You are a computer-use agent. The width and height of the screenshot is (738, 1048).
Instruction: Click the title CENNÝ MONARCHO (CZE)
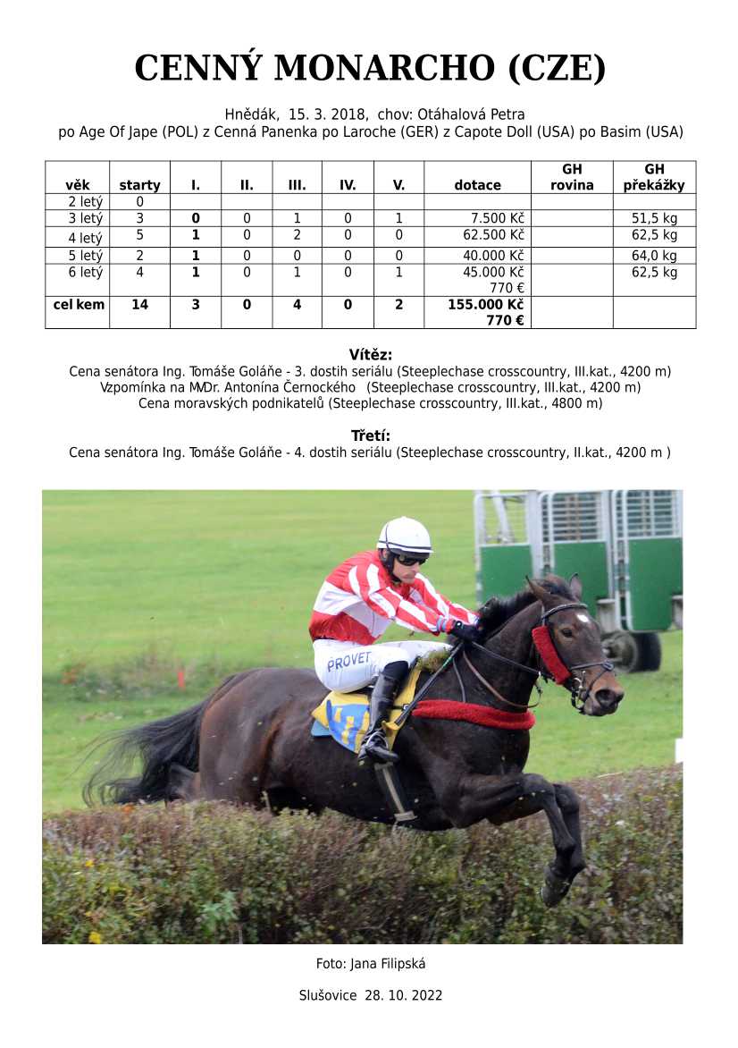click(369, 68)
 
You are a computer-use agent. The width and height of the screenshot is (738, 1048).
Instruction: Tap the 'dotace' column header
click(477, 185)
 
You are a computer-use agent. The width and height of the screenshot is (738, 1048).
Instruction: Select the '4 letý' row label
click(86, 238)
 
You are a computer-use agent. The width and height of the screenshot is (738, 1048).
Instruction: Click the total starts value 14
click(139, 304)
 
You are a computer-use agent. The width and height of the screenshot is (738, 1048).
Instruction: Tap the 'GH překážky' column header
click(654, 177)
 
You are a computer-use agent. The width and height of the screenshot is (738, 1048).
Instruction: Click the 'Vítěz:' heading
click(370, 354)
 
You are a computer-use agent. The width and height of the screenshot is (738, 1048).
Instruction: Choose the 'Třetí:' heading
click(370, 436)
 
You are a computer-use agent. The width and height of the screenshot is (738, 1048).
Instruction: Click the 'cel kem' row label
click(79, 304)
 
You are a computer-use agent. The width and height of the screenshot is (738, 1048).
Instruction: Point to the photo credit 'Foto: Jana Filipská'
click(370, 963)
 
